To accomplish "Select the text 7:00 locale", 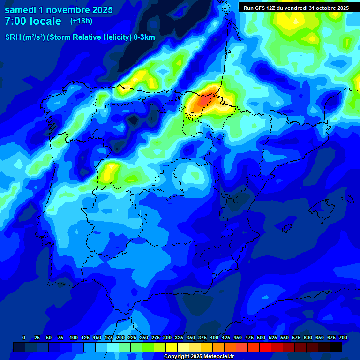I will (x=33, y=21).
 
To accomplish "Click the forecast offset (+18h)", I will (x=81, y=21).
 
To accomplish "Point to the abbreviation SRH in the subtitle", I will (x=13, y=37).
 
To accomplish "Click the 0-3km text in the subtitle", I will (x=144, y=37).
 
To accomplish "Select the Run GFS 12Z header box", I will (x=296, y=7).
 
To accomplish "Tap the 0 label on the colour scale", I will (x=24, y=338).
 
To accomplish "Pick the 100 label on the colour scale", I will (x=74, y=338).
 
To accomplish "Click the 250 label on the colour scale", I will (x=144, y=338).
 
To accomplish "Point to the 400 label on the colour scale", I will (x=214, y=338).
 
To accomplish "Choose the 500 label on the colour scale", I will (x=261, y=338).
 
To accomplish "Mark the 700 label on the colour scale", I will (x=343, y=338).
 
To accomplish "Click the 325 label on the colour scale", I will (x=179, y=338).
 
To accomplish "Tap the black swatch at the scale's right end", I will (x=336, y=347).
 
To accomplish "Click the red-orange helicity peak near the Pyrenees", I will (x=204, y=100).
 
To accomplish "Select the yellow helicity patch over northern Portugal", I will (x=109, y=172).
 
